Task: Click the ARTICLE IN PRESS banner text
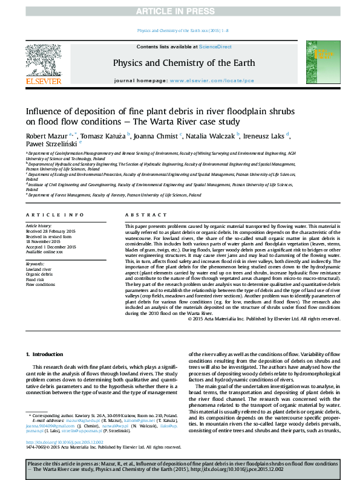pyautogui.click(x=180, y=11)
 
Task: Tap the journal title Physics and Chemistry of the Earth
pyautogui.click(x=183, y=63)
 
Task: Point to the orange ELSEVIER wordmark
pyautogui.click(x=43, y=81)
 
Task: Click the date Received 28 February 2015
pyautogui.click(x=50, y=231)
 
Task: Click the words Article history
pyautogui.click(x=39, y=225)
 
